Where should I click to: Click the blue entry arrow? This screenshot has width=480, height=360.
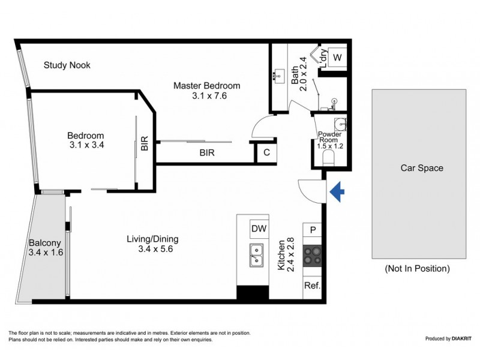338,191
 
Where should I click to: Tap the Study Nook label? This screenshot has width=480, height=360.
67,65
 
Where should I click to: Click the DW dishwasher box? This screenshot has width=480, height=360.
259,229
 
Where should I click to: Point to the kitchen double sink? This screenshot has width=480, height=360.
256,254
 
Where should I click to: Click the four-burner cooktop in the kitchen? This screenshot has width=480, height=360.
313,256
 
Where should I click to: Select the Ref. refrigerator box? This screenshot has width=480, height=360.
313,286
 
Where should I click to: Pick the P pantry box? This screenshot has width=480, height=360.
313,229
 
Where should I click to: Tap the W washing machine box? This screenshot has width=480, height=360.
337,58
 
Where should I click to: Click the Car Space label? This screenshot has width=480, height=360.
422,168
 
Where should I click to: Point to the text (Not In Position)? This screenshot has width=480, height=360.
417,268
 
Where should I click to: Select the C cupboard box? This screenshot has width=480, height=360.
266,152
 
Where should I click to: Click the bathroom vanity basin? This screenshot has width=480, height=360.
279,76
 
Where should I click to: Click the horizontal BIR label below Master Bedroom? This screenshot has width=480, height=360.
207,153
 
